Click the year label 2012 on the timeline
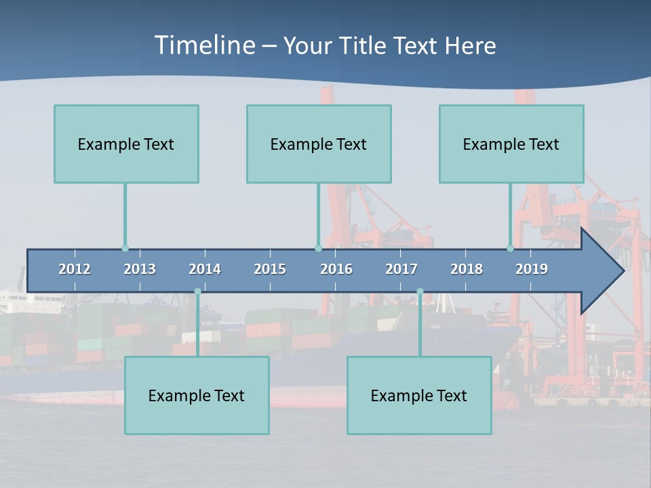pyautogui.click(x=75, y=269)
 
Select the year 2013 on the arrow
pyautogui.click(x=140, y=269)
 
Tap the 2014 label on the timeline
pyautogui.click(x=205, y=269)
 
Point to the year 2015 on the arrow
pyautogui.click(x=270, y=269)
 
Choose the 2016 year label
pyautogui.click(x=336, y=269)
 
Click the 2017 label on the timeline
pyautogui.click(x=401, y=269)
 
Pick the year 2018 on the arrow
pyautogui.click(x=467, y=269)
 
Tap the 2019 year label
pyautogui.click(x=532, y=269)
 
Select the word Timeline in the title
pyautogui.click(x=204, y=45)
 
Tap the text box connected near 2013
pyautogui.click(x=126, y=144)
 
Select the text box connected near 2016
pyautogui.click(x=319, y=144)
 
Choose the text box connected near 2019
pyautogui.click(x=511, y=144)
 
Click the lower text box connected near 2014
pyautogui.click(x=197, y=395)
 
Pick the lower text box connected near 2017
pyautogui.click(x=419, y=395)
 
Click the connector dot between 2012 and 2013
pyautogui.click(x=125, y=249)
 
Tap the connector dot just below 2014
pyautogui.click(x=197, y=291)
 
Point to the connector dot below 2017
pyautogui.click(x=420, y=291)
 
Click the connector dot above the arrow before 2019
pyautogui.click(x=510, y=249)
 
